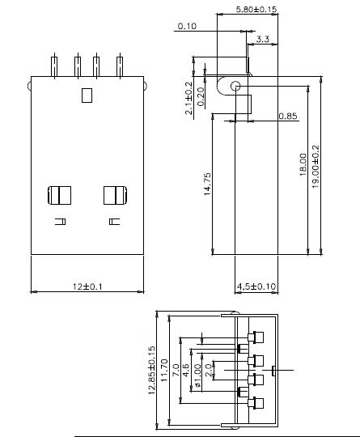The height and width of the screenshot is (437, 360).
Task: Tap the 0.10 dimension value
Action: pyautogui.click(x=187, y=27)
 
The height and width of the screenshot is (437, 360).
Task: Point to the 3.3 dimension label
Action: pyautogui.click(x=263, y=39)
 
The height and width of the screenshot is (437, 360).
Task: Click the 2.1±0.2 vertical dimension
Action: pyautogui.click(x=189, y=98)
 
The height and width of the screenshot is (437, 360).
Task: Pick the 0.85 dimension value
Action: pyautogui.click(x=287, y=117)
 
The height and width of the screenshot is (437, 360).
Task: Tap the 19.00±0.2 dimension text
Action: pyautogui.click(x=316, y=166)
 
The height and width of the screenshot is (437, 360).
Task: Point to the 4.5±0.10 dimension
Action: pyautogui.click(x=256, y=286)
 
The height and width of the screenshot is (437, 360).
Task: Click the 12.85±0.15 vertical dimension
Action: pyautogui.click(x=151, y=371)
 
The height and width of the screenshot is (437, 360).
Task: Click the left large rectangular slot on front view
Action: pyautogui.click(x=61, y=195)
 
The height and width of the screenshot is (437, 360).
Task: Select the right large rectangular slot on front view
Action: pyautogui.click(x=114, y=195)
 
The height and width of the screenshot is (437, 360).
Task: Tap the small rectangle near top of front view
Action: pyautogui.click(x=87, y=96)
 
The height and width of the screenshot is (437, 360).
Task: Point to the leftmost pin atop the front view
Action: pyautogui.click(x=54, y=65)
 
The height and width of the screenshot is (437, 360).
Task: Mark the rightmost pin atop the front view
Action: pyautogui.click(x=120, y=65)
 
